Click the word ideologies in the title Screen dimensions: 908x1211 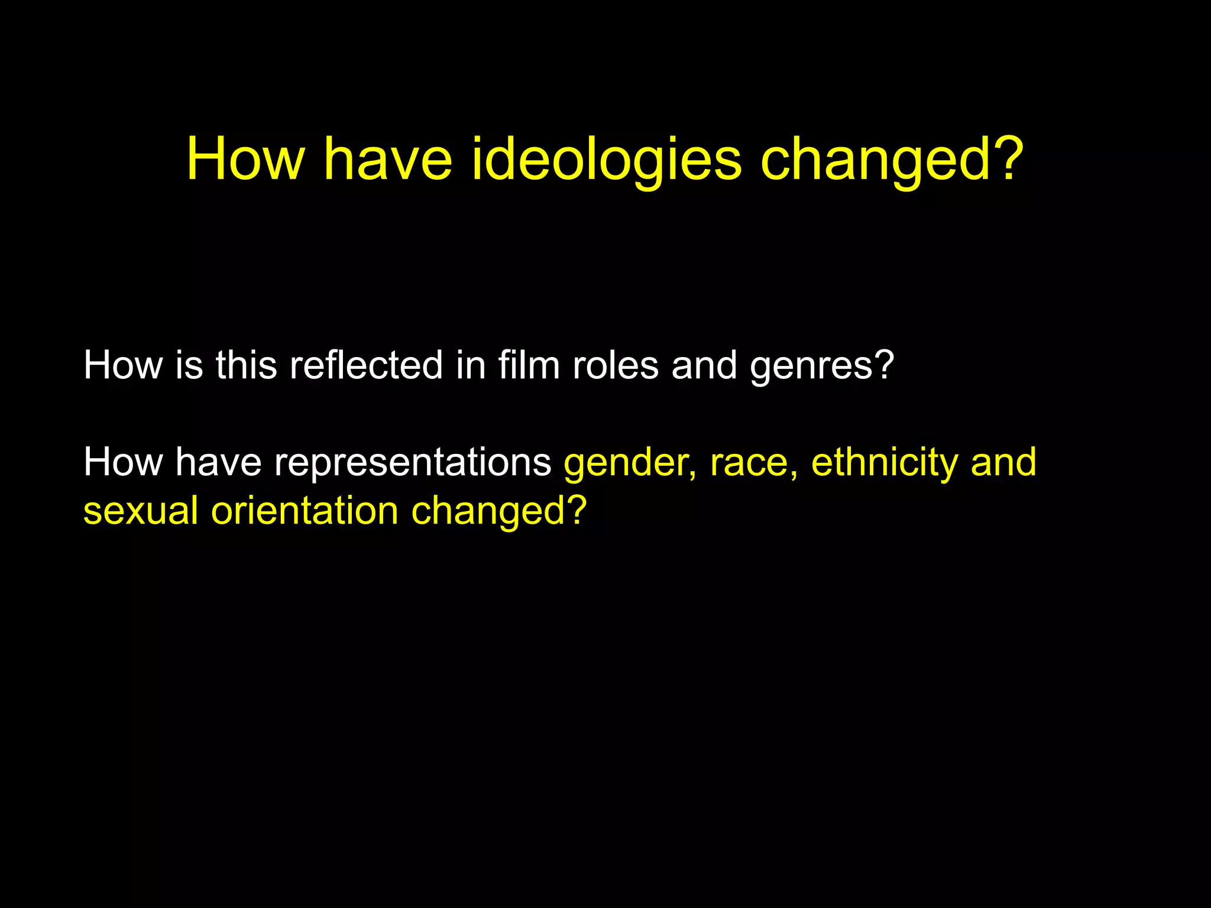tap(606, 158)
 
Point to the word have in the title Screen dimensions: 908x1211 tap(388, 158)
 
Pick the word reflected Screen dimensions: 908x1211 tap(366, 365)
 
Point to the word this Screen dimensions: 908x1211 tap(246, 365)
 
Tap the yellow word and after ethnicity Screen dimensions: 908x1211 tap(1003, 462)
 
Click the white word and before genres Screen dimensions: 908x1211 tap(704, 365)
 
